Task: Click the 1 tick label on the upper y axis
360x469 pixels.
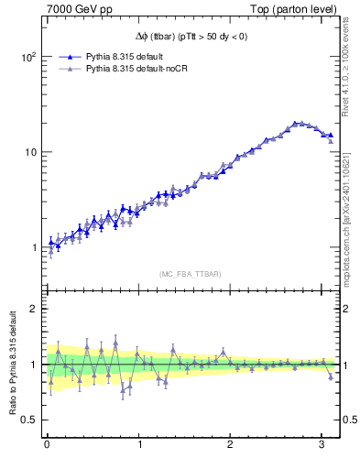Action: coord(33,247)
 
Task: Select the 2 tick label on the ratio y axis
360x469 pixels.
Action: coord(33,309)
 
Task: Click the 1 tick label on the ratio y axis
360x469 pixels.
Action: coord(33,365)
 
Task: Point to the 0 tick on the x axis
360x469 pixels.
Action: coord(47,446)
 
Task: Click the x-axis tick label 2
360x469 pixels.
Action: coord(230,446)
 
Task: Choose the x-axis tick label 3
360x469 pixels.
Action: coord(322,446)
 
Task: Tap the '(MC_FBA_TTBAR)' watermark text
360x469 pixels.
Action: coord(190,274)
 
